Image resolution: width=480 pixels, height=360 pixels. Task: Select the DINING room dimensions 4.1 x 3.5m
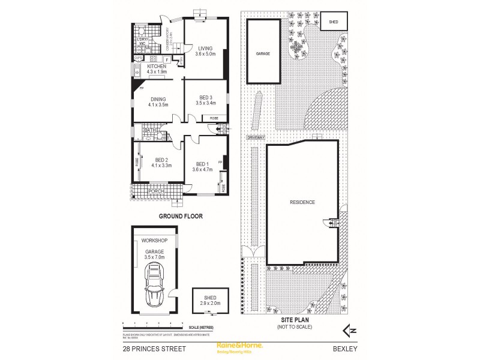coord(158,105)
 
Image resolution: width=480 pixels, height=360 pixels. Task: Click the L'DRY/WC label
coord(139,40)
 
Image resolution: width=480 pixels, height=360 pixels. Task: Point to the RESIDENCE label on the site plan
coord(302,202)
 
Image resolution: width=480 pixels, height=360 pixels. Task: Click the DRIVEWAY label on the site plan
coord(254,138)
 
